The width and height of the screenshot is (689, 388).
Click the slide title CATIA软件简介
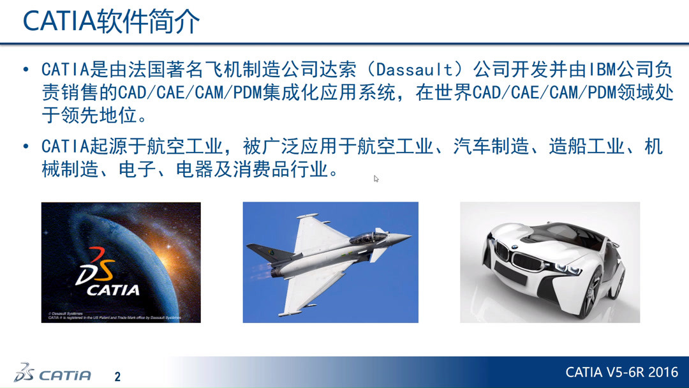coord(112,22)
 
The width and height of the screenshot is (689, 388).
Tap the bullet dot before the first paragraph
coord(26,70)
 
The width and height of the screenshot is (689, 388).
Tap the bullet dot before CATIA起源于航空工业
coord(26,147)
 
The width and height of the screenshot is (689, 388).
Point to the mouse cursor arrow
coord(376,179)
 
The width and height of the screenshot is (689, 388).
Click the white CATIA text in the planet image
coord(114,290)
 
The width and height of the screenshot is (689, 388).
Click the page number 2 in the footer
coord(117,377)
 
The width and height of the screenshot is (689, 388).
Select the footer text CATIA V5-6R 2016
coord(621,372)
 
